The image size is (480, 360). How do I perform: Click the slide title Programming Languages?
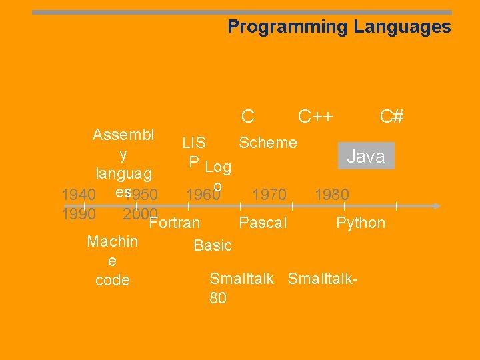pos(339,27)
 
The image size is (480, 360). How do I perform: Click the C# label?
pos(391,117)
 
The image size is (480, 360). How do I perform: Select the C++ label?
pos(315,117)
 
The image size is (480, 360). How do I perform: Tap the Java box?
pos(366,156)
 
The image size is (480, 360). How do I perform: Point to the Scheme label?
pos(268,142)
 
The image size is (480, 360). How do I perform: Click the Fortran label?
pos(175,222)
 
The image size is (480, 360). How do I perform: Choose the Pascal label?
pos(263,222)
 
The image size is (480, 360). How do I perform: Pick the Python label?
pos(361,222)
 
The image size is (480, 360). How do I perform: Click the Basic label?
pos(213,245)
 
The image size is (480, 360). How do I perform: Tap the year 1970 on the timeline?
pos(269,195)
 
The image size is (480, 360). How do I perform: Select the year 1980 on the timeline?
pos(332,195)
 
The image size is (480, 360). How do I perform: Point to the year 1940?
pos(78,195)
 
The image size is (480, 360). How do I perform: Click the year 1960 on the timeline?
pos(203,195)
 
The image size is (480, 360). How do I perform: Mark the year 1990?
pos(78,214)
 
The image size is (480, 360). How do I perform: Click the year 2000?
pos(139,214)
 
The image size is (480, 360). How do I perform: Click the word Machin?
pos(113,241)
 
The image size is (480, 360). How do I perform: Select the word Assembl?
pos(123,134)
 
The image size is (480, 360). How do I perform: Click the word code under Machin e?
pos(113,280)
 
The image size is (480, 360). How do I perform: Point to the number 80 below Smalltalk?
pos(218,298)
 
